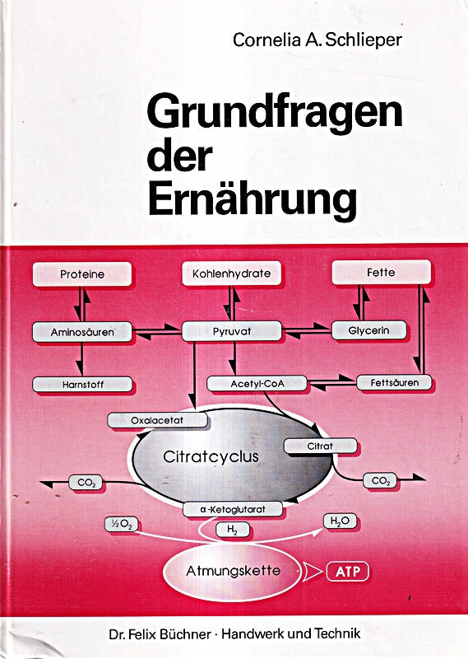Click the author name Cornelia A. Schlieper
click(317, 40)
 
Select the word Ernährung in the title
click(253, 199)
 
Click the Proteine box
click(82, 274)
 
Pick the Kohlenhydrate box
click(231, 273)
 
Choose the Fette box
click(381, 272)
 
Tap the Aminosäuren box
click(82, 332)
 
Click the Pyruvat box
click(232, 331)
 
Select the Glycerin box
click(369, 330)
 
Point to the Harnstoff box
click(82, 385)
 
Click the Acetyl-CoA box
click(257, 384)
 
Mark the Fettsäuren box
click(394, 383)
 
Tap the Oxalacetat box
click(157, 420)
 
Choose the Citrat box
click(321, 446)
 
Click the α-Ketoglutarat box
click(233, 509)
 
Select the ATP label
click(348, 572)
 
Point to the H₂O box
click(340, 521)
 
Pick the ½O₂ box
click(121, 525)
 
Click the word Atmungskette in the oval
click(233, 571)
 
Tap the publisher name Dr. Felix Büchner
click(160, 633)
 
